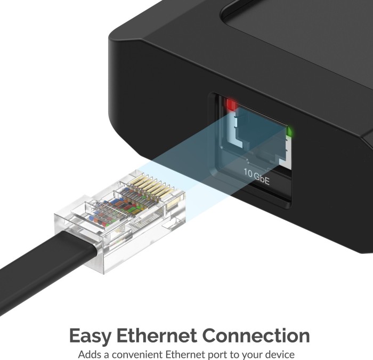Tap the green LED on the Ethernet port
[290, 130]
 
